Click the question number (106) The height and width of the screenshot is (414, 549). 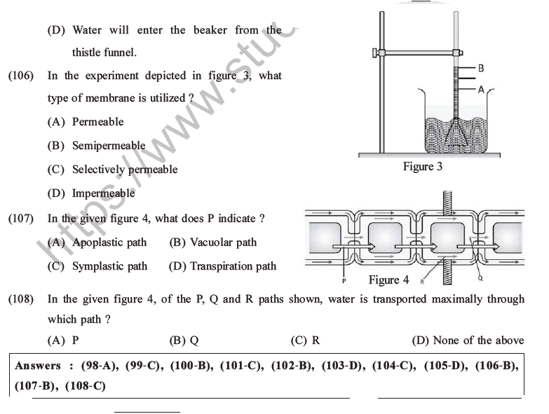(x=20, y=76)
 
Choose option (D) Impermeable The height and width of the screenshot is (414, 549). (x=91, y=193)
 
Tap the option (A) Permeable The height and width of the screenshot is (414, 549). (x=86, y=122)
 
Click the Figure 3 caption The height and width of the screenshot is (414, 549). (x=422, y=167)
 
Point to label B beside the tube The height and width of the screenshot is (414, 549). (x=481, y=69)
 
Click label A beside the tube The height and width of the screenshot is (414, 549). (x=481, y=90)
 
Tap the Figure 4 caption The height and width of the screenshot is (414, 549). (x=388, y=280)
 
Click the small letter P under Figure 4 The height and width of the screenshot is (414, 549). (x=345, y=281)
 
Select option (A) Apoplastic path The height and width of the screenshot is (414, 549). (x=97, y=242)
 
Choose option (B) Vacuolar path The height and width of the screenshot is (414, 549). (x=213, y=242)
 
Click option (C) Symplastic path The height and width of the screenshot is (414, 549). (x=97, y=266)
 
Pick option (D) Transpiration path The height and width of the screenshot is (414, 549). (x=223, y=266)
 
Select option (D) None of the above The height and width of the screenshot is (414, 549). (x=468, y=340)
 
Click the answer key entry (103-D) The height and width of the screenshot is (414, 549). (x=339, y=366)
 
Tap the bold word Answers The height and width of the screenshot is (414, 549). (x=38, y=366)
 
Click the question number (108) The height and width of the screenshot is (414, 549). (x=20, y=300)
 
